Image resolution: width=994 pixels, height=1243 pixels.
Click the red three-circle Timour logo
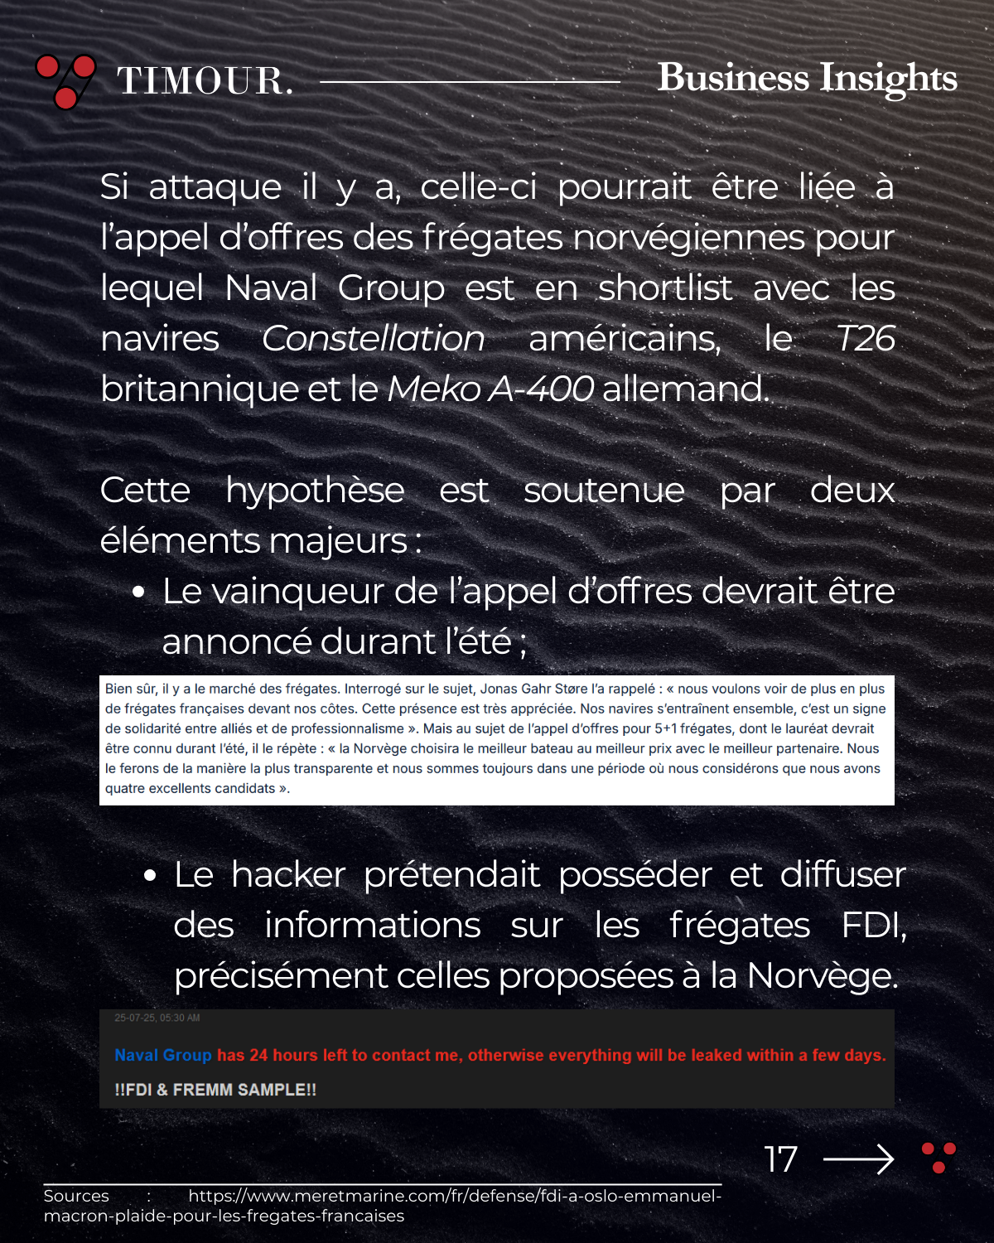(65, 81)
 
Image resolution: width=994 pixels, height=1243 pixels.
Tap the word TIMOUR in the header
(205, 81)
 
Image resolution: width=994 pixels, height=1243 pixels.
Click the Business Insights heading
(807, 78)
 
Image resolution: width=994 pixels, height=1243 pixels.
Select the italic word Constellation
(373, 338)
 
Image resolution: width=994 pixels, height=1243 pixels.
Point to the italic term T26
(865, 338)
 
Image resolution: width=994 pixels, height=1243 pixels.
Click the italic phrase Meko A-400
(490, 389)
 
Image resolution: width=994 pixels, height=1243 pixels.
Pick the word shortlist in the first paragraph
(665, 288)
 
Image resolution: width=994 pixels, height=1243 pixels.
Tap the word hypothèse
(315, 491)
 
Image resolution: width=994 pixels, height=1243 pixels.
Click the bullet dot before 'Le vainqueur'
(138, 592)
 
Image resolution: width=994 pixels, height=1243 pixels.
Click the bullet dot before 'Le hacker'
(150, 876)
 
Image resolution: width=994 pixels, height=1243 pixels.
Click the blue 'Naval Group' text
(163, 1055)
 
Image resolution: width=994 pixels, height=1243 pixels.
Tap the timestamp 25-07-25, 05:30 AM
(157, 1018)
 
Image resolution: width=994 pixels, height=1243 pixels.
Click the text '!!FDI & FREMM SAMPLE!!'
(215, 1090)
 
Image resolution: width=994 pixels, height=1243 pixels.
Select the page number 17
(780, 1159)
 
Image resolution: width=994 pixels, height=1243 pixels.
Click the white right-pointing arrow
(858, 1158)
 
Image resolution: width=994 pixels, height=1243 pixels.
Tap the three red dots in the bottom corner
(939, 1157)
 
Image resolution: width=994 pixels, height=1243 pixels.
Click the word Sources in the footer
(76, 1196)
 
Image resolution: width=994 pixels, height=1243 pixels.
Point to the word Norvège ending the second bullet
(822, 976)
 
